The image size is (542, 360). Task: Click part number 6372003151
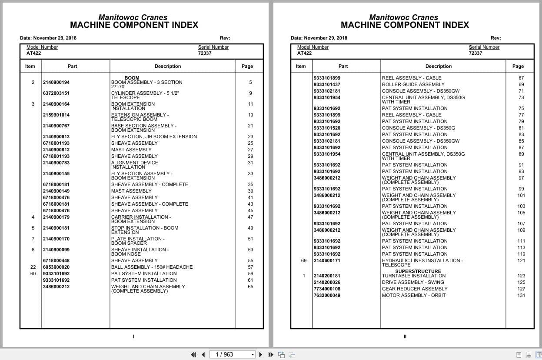tap(56, 93)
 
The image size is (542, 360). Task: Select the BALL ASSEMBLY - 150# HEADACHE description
tap(152, 267)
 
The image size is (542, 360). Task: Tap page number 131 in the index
tap(521, 295)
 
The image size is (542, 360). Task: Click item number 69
tap(303, 260)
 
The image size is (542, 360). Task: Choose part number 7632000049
tap(327, 295)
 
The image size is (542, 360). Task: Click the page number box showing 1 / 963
tap(232, 354)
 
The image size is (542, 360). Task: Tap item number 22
tap(33, 267)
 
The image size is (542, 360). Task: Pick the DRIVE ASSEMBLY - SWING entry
tap(413, 282)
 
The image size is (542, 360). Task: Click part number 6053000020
tap(56, 267)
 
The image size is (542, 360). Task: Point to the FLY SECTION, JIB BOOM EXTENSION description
tap(154, 137)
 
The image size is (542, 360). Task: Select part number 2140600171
tap(327, 260)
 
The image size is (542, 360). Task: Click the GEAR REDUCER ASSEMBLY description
tap(415, 289)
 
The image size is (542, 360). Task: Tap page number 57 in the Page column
tap(250, 267)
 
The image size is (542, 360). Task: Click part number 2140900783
tap(56, 163)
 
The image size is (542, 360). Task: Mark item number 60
tap(33, 273)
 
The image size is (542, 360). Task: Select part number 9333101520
tap(327, 128)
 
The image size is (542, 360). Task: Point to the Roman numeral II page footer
tap(405, 337)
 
